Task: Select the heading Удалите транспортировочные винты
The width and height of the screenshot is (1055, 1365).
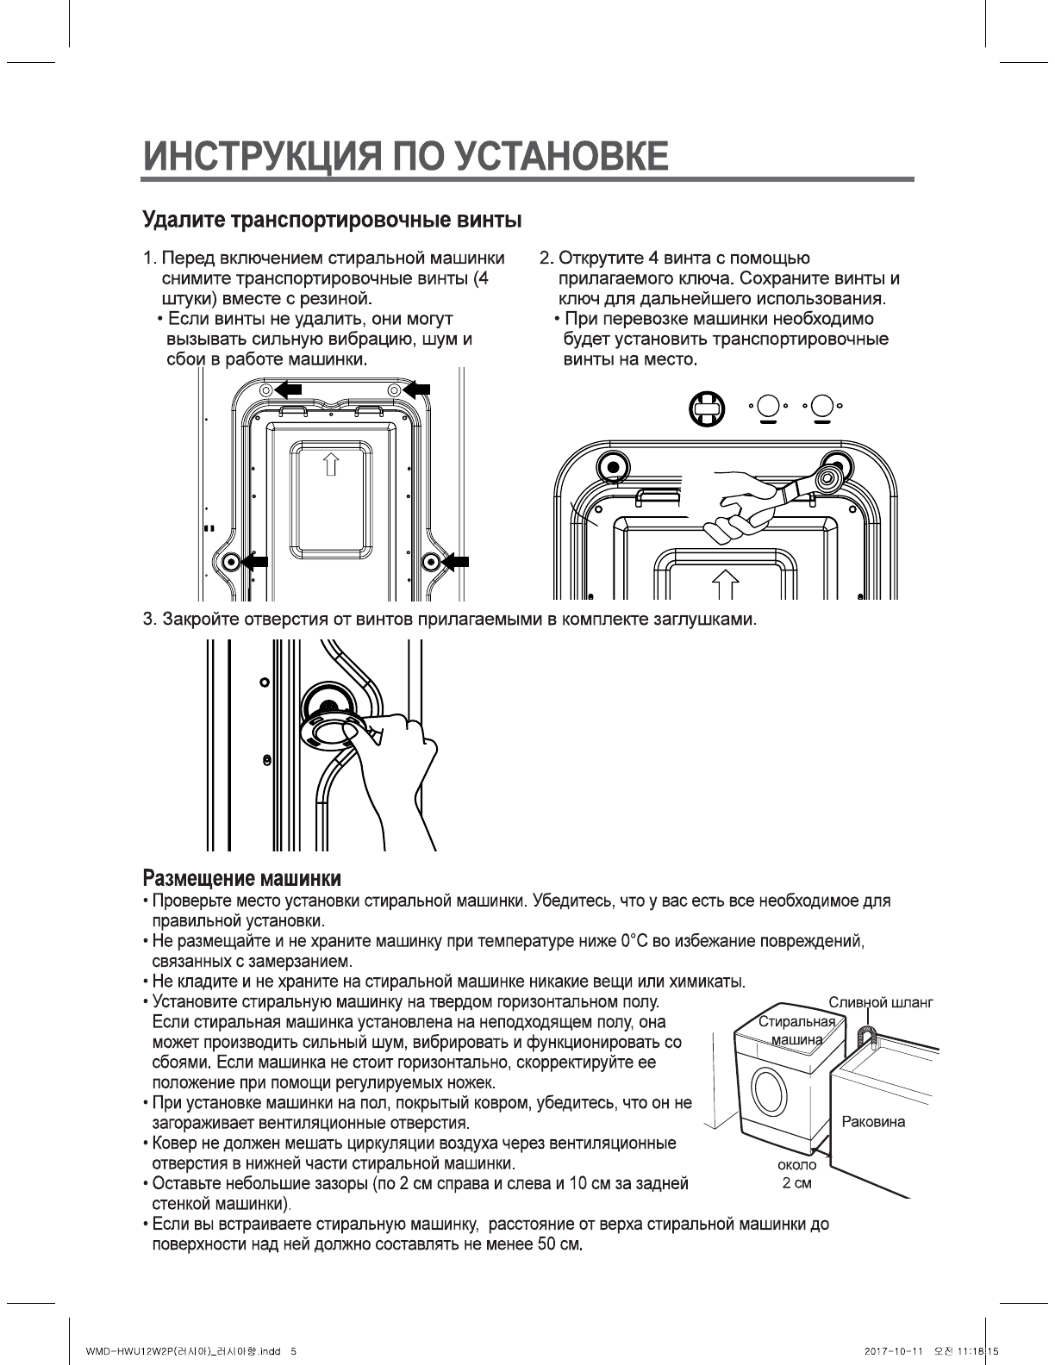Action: tap(332, 220)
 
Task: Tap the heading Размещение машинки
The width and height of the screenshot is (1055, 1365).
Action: tap(241, 879)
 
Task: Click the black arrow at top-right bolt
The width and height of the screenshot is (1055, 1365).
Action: tap(417, 390)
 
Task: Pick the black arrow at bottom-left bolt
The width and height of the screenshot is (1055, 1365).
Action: tap(255, 563)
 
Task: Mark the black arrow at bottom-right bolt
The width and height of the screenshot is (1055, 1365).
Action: tap(456, 563)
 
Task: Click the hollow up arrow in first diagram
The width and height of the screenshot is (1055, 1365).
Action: tap(330, 465)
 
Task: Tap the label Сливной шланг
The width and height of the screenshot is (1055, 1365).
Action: tap(880, 1002)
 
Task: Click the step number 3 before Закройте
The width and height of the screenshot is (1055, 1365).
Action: tap(148, 620)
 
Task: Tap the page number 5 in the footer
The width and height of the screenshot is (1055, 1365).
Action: tap(295, 1350)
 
